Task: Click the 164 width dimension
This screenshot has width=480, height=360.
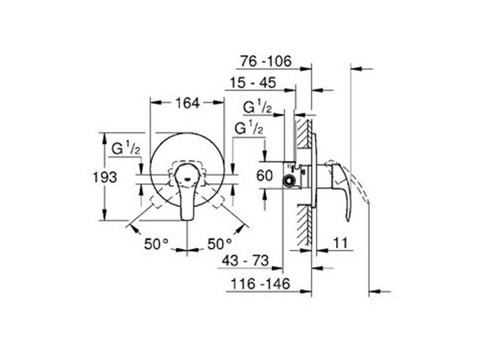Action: (x=187, y=103)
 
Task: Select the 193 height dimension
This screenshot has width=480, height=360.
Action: (x=105, y=177)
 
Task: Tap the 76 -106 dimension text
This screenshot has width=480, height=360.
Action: (x=266, y=61)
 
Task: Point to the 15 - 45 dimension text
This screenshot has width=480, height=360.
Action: (x=253, y=83)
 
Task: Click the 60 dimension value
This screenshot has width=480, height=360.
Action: (x=265, y=176)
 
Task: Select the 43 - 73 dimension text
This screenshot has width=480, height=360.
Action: (x=245, y=260)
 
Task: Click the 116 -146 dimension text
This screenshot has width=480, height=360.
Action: (x=260, y=284)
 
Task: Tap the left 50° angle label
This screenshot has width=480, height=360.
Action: (x=157, y=244)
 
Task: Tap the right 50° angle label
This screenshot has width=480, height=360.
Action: (x=220, y=244)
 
